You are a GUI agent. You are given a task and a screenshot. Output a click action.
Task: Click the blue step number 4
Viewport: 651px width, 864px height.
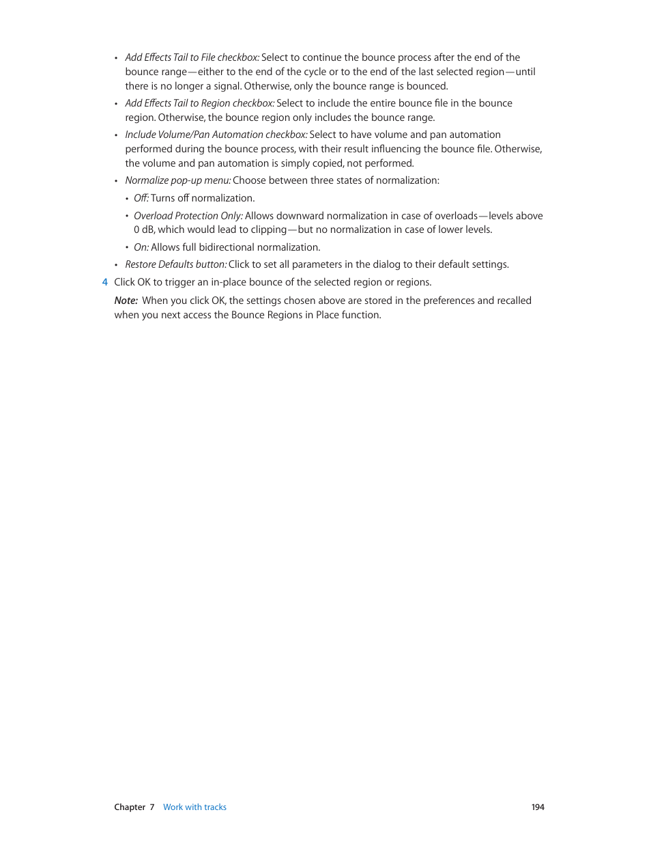(x=104, y=282)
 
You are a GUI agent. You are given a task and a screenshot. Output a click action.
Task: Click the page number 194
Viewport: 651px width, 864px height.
(x=538, y=807)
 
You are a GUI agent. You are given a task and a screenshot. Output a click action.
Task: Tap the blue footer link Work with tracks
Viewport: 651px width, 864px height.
(x=194, y=807)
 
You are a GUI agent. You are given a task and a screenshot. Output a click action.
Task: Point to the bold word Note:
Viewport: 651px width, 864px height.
(x=126, y=301)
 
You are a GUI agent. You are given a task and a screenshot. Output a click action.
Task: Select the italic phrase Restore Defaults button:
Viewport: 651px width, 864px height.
(x=175, y=264)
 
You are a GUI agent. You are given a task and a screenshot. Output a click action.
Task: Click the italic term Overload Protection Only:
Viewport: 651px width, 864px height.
(x=188, y=216)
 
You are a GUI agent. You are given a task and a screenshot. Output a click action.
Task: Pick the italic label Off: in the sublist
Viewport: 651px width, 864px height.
(x=141, y=198)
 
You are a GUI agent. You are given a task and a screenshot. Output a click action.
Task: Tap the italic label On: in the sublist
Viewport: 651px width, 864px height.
(x=141, y=247)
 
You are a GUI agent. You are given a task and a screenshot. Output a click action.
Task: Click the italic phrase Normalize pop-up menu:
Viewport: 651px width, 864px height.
(x=178, y=180)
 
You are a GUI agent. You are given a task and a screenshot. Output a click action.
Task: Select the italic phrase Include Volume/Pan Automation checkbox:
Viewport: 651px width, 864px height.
(x=216, y=135)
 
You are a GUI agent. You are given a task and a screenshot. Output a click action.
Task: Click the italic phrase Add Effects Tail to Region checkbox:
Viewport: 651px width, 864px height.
(x=200, y=103)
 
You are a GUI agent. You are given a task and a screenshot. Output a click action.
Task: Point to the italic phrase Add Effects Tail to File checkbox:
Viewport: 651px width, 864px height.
(x=192, y=57)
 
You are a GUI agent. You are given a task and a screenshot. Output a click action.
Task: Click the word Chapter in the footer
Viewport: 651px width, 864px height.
(x=130, y=807)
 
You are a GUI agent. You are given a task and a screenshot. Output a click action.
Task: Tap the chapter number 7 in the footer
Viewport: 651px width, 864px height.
(x=152, y=807)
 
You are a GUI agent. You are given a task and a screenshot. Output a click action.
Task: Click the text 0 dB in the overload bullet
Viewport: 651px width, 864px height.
(x=144, y=229)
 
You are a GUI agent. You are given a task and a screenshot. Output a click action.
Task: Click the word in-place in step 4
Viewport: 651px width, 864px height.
(x=229, y=282)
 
